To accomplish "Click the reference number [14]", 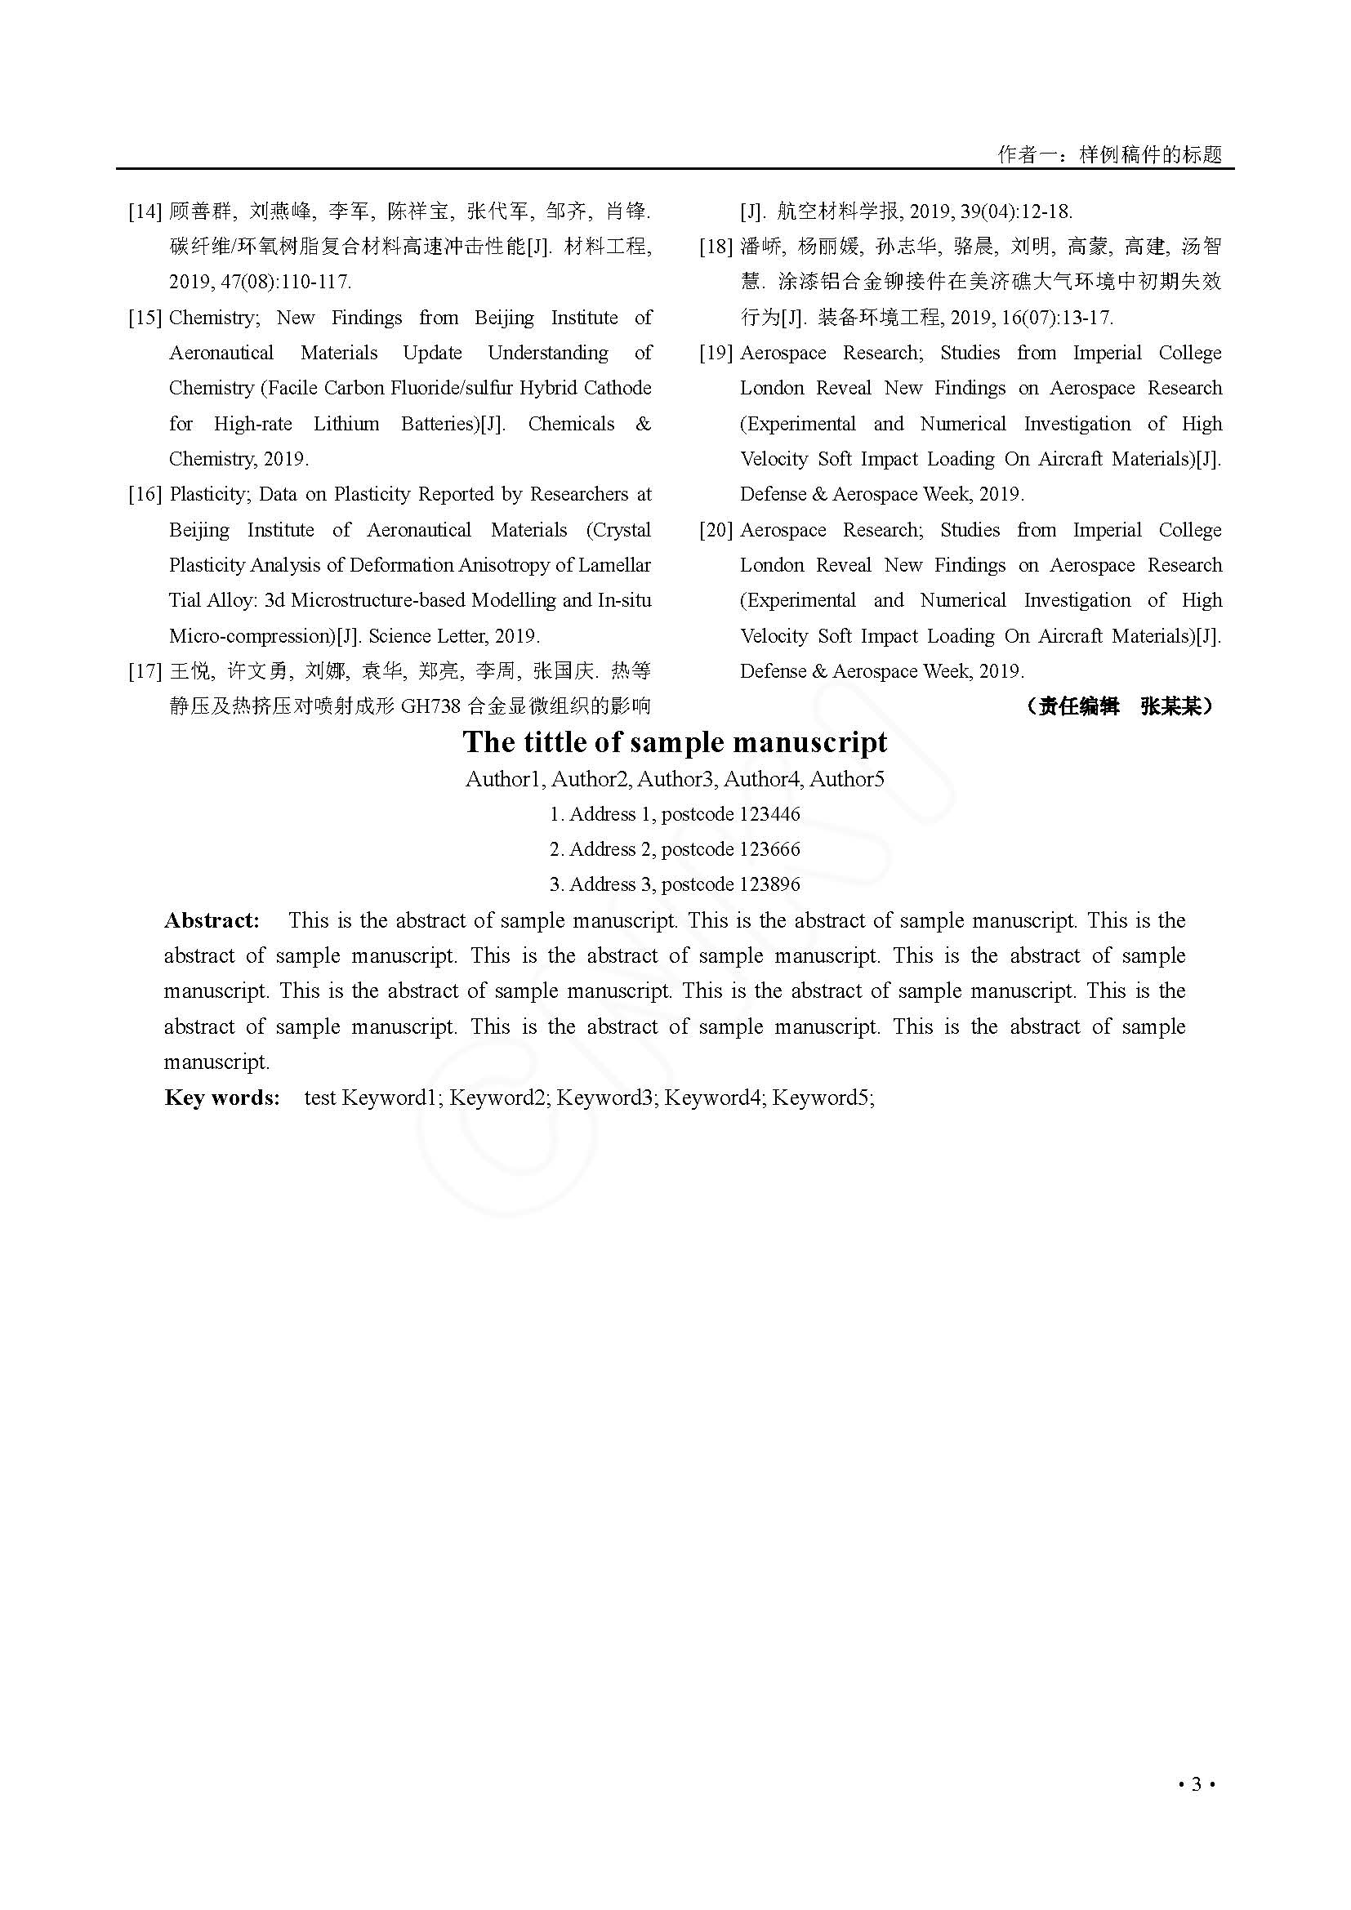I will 145,211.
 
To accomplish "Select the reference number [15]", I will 145,318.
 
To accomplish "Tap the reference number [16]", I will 145,495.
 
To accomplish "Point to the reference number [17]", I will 145,671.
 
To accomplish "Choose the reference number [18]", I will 716,247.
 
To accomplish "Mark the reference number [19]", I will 716,353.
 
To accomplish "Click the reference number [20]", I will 716,530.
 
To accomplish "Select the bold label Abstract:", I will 212,920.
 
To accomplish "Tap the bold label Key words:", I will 222,1097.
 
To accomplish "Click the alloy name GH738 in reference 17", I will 430,707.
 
